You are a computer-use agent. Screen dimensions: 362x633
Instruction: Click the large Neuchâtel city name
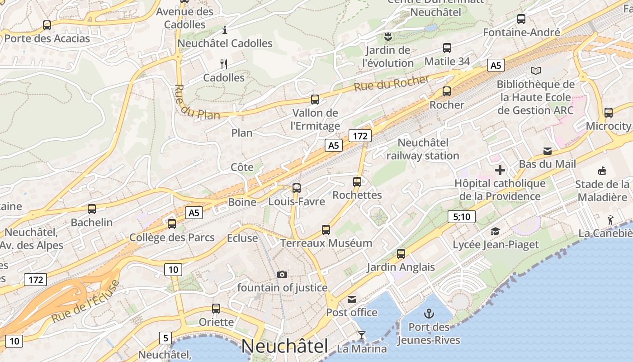[284, 346]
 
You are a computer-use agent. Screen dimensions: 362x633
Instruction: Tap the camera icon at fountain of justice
[282, 274]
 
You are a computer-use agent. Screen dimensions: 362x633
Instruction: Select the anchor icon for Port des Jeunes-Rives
[428, 313]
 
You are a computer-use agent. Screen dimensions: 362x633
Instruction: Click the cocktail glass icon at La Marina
[361, 335]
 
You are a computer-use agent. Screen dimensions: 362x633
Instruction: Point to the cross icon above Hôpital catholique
[500, 170]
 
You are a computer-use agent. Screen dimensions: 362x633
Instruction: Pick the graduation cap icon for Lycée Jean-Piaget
[496, 231]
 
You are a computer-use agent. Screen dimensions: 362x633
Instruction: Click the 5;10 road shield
[462, 217]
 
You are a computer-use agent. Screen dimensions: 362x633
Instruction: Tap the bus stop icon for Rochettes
[357, 182]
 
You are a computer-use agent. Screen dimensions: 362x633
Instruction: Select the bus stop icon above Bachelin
[92, 209]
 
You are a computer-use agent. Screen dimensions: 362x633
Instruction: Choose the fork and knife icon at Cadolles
[223, 64]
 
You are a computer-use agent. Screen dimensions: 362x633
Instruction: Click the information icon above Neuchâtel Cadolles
[225, 30]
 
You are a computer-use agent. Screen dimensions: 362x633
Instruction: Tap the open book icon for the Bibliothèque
[536, 71]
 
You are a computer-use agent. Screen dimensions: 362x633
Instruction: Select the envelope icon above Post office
[352, 299]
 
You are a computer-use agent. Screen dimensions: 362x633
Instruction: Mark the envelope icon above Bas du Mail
[548, 151]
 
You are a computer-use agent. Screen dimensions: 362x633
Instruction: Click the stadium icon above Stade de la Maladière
[602, 171]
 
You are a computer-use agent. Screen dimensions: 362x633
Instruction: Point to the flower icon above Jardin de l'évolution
[387, 36]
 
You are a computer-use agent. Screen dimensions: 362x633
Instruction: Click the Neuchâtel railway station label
[423, 149]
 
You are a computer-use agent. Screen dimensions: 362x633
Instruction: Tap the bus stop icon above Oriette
[216, 309]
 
